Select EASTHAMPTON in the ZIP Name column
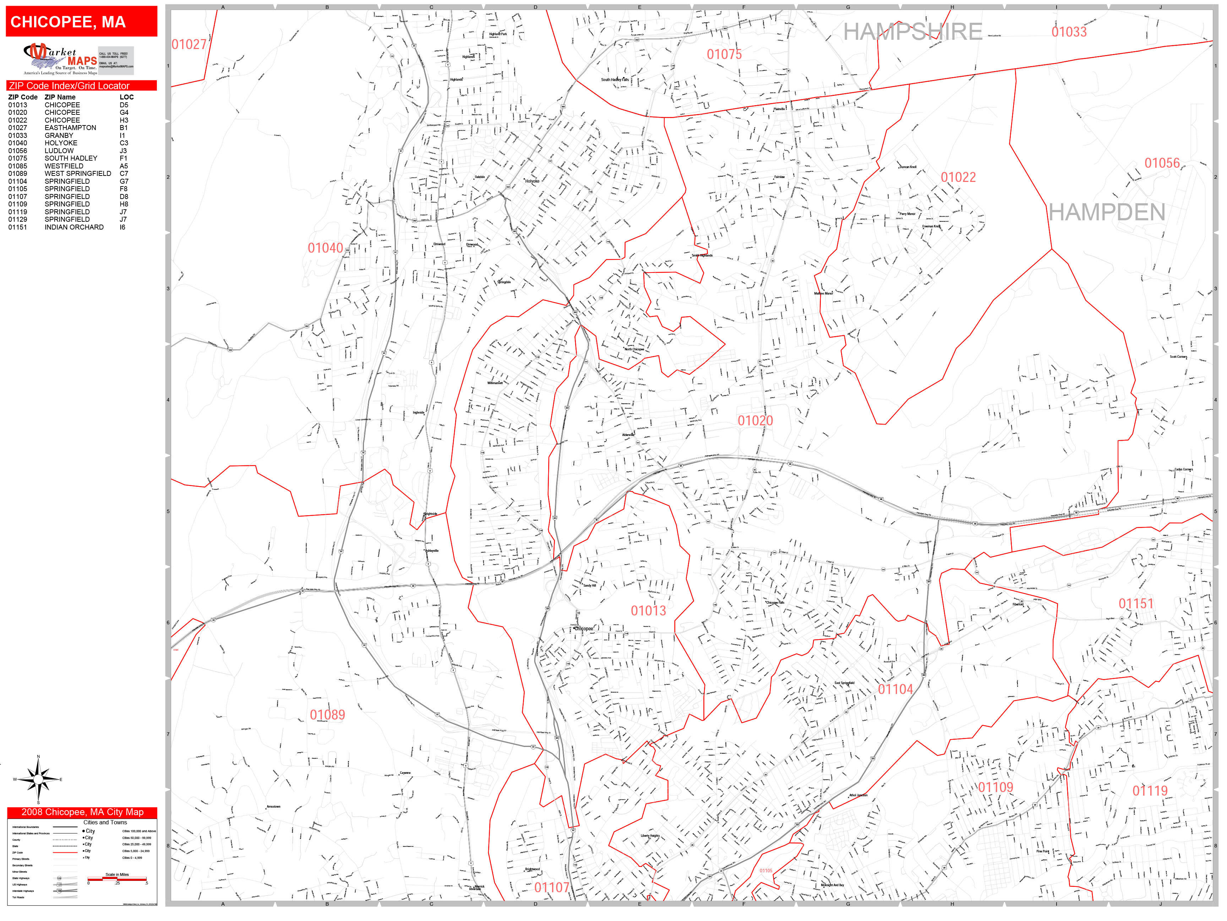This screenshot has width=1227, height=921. [70, 128]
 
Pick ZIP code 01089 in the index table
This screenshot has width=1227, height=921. [18, 174]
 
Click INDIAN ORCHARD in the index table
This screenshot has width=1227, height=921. [74, 227]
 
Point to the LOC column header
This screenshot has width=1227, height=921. [126, 97]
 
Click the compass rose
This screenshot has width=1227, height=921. [38, 780]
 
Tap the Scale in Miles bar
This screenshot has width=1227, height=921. [117, 879]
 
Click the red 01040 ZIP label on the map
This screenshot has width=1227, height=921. [326, 248]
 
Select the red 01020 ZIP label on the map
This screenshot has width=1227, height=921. [755, 421]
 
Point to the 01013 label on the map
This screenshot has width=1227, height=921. [648, 611]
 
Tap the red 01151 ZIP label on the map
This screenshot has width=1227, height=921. [1135, 603]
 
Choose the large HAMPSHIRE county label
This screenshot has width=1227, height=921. [912, 32]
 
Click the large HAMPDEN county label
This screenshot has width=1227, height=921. [1107, 212]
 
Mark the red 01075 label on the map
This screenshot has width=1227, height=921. [724, 54]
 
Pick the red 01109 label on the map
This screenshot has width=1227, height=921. [995, 787]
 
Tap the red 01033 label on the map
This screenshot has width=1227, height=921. [1069, 32]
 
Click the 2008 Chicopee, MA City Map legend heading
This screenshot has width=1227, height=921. [82, 812]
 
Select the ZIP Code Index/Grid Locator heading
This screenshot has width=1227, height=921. [69, 86]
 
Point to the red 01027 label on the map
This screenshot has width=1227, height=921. [189, 44]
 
